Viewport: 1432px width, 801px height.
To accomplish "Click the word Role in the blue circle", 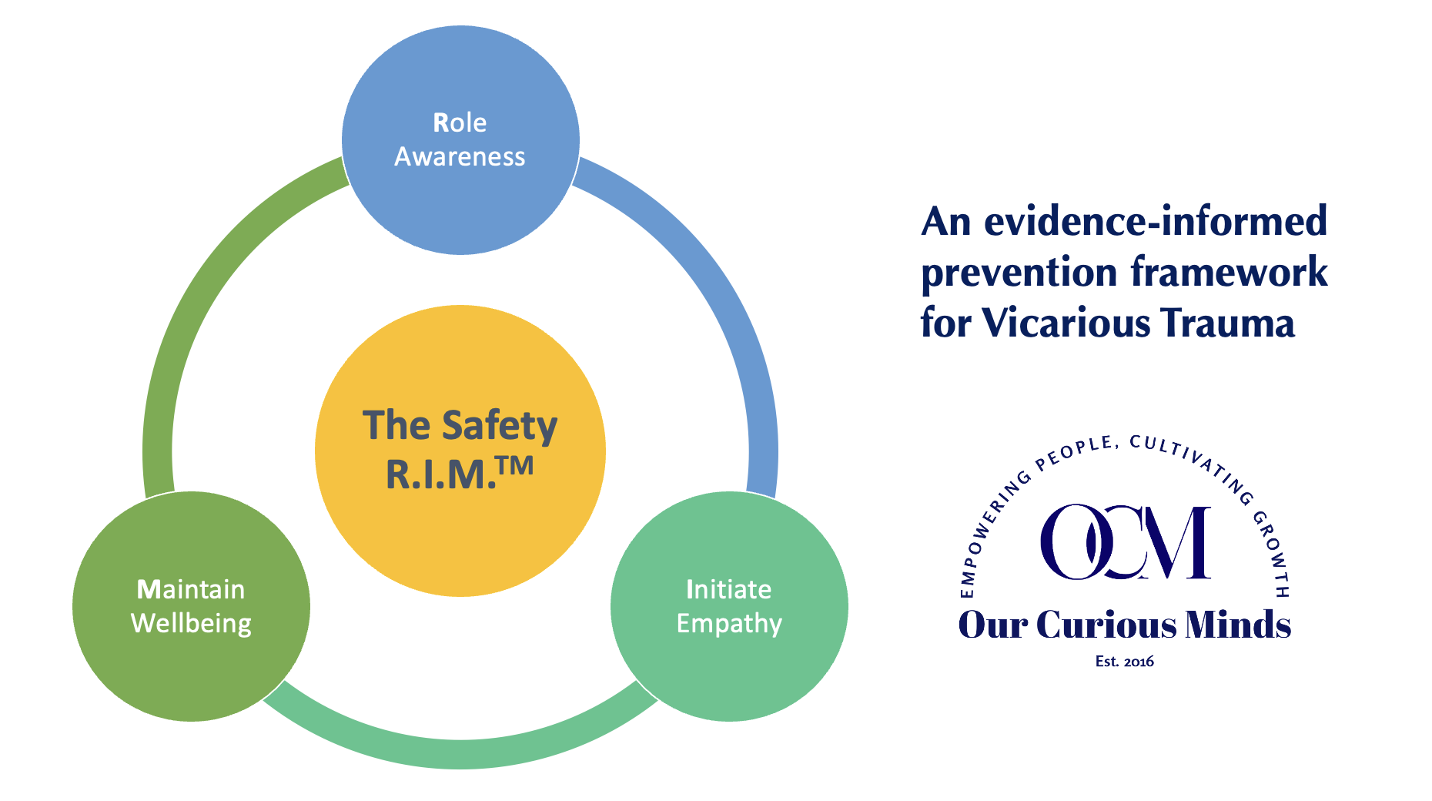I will pos(460,122).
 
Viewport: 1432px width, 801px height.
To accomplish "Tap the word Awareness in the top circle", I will pos(460,156).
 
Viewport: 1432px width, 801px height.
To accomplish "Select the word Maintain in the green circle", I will pos(190,589).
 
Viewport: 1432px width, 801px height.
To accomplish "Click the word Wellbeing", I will pos(191,623).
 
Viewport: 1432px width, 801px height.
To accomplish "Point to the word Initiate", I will pos(728,589).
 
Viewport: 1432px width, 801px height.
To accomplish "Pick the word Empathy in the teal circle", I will pos(729,623).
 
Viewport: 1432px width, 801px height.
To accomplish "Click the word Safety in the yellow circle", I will pos(500,426).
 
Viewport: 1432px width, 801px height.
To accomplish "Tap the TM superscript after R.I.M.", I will pos(515,466).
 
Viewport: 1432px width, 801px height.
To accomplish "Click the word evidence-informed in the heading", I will pos(1156,222).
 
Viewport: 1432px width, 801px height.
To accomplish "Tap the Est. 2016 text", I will pos(1124,662).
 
